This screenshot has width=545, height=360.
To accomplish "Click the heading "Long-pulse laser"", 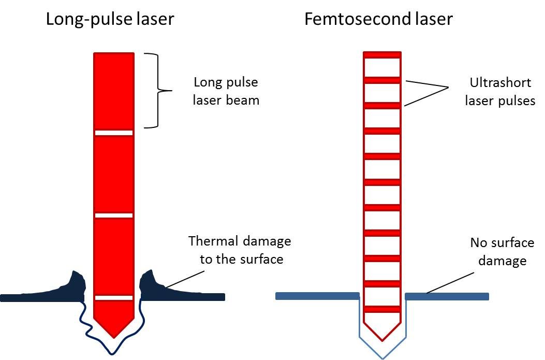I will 110,19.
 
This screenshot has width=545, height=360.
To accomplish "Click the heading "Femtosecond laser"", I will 378,19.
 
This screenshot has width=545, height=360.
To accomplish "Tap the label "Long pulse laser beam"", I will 226,91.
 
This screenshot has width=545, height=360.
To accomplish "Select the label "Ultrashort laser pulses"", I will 499,92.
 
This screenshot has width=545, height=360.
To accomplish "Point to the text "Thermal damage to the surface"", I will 240,250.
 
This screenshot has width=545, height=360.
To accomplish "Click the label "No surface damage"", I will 502,251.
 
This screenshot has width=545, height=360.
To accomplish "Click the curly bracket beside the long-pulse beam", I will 157,91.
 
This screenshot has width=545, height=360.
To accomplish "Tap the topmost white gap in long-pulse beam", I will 114,133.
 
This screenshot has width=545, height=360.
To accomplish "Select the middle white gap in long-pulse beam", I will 114,215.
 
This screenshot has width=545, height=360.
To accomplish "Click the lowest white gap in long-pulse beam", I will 114,297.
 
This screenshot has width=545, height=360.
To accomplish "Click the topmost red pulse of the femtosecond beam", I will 382,54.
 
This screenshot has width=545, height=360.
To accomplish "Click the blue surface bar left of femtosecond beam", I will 317,296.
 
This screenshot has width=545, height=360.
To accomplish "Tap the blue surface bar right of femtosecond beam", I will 447,296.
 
